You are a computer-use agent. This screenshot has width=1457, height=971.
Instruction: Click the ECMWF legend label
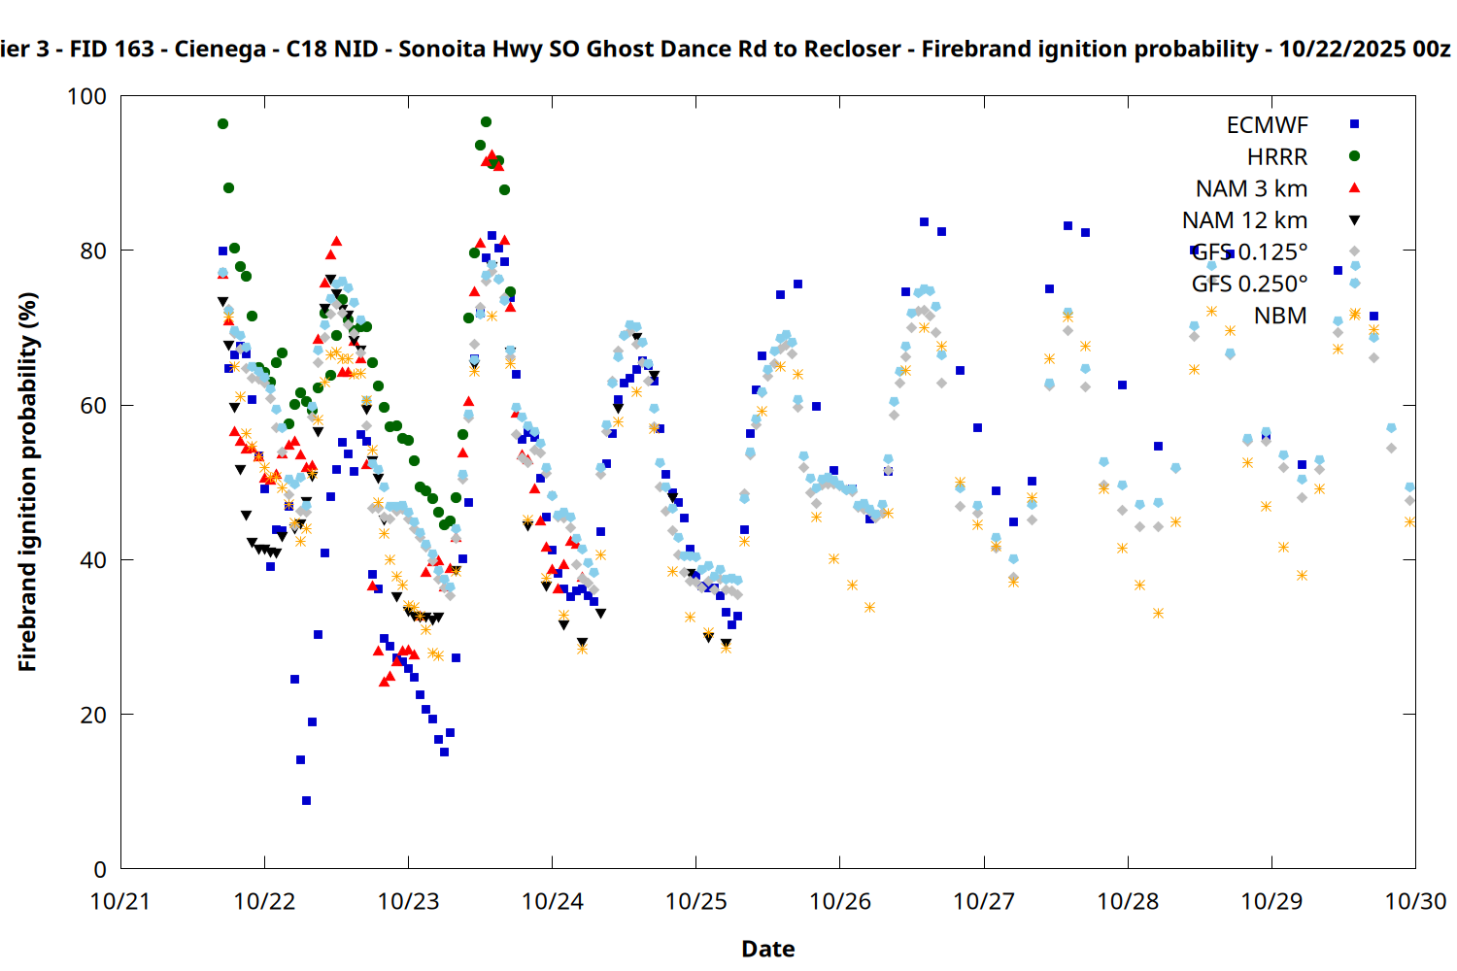[x=1267, y=125]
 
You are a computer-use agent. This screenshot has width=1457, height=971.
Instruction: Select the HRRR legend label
[x=1277, y=157]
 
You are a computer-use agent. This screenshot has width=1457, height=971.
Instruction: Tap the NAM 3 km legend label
[x=1251, y=188]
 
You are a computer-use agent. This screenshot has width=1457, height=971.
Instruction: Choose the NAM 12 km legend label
[x=1244, y=220]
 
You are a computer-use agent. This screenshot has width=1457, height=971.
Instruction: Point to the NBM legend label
[x=1280, y=316]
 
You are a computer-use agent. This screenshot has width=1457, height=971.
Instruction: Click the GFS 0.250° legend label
[x=1249, y=284]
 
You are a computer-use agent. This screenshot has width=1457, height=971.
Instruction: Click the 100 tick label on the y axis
[x=86, y=96]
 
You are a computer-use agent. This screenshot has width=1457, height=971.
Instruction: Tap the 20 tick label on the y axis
[x=93, y=715]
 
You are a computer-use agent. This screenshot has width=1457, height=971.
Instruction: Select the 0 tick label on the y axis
[x=100, y=869]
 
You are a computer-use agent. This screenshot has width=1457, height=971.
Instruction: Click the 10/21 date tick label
[x=120, y=901]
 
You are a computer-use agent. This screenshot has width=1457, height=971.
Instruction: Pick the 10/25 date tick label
[x=695, y=901]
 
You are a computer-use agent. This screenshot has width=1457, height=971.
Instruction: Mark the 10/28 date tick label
[x=1128, y=901]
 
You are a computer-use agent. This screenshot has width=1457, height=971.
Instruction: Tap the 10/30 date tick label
[x=1415, y=901]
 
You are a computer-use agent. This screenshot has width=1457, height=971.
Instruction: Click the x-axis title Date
[x=767, y=949]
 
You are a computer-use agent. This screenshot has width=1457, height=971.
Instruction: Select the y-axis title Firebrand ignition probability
[x=27, y=482]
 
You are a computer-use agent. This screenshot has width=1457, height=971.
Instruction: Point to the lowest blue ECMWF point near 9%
[x=306, y=801]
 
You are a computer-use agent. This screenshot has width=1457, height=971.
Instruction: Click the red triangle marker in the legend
[x=1355, y=188]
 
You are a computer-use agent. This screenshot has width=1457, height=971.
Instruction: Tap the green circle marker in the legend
[x=1355, y=156]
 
